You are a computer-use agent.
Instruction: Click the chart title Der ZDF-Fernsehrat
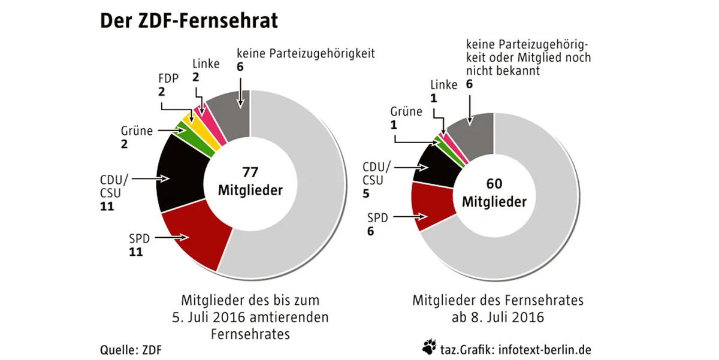(x=189, y=21)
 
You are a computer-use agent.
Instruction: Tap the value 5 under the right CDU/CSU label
(x=365, y=194)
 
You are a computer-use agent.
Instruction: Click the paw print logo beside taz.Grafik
(x=429, y=346)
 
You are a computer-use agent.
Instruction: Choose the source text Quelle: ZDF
(x=131, y=349)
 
